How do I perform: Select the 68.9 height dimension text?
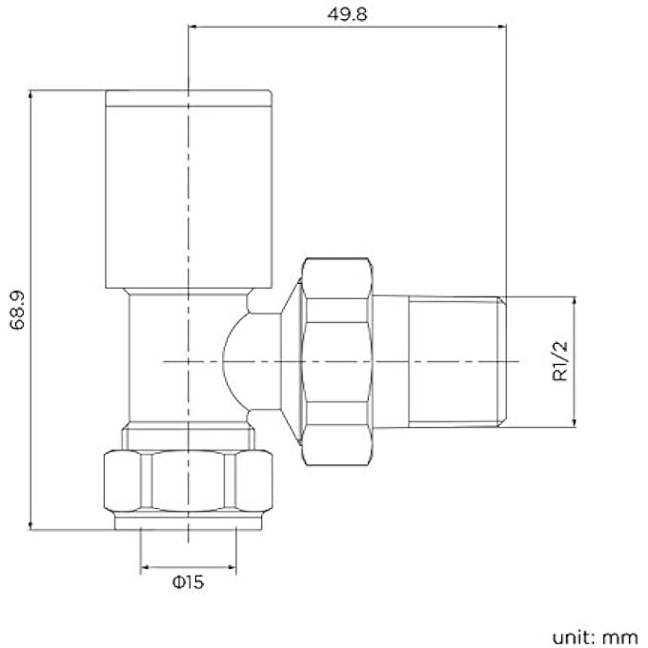coord(16,309)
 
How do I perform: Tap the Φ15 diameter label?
coord(189,581)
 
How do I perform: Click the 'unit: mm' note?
coord(592,635)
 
